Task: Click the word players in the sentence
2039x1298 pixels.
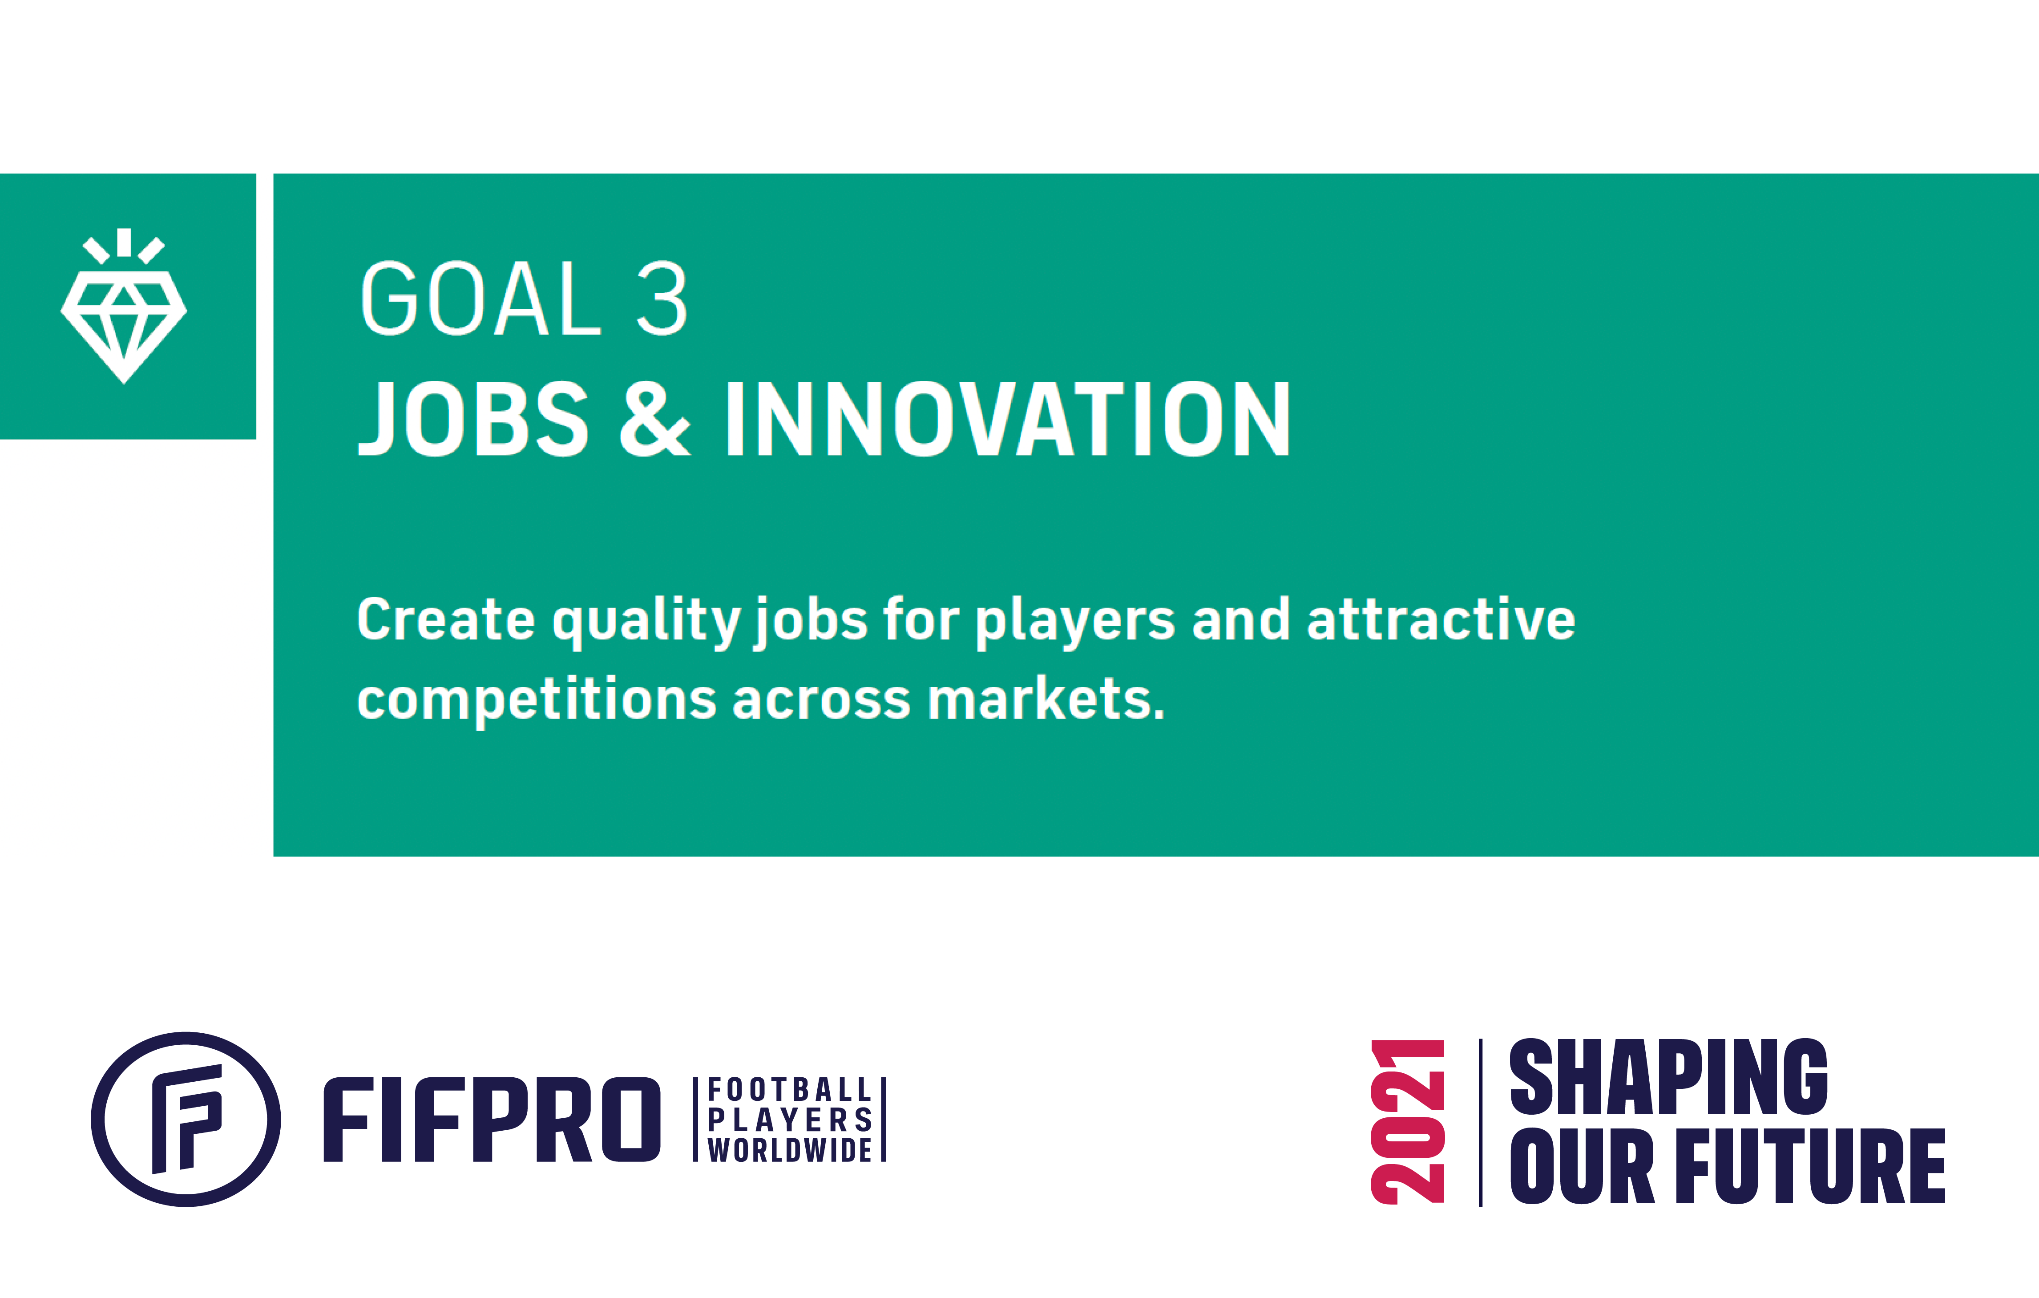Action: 1075,623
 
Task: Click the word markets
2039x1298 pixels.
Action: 1046,699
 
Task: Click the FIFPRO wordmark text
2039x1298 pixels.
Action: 492,1120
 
